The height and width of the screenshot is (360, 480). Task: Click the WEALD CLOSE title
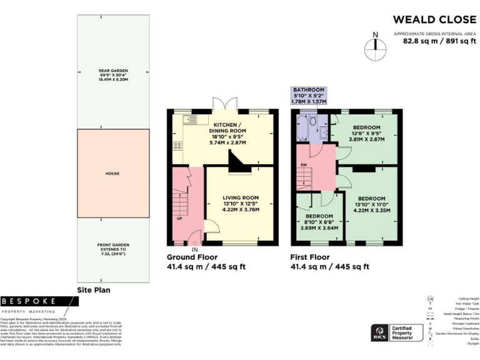tap(434, 19)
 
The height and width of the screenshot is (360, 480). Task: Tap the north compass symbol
tap(374, 44)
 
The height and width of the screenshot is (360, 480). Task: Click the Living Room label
tap(240, 203)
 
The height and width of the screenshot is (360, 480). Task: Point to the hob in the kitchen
tap(177, 146)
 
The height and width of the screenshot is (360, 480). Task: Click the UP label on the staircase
tap(180, 219)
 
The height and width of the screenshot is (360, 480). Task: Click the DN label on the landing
tap(304, 164)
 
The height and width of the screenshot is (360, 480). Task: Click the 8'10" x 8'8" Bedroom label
tap(319, 222)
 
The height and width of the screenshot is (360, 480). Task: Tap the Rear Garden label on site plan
tap(113, 75)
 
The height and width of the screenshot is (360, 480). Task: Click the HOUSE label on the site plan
tap(112, 173)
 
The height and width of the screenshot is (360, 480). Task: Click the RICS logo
tap(379, 331)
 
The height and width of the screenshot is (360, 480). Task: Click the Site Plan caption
tap(94, 291)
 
